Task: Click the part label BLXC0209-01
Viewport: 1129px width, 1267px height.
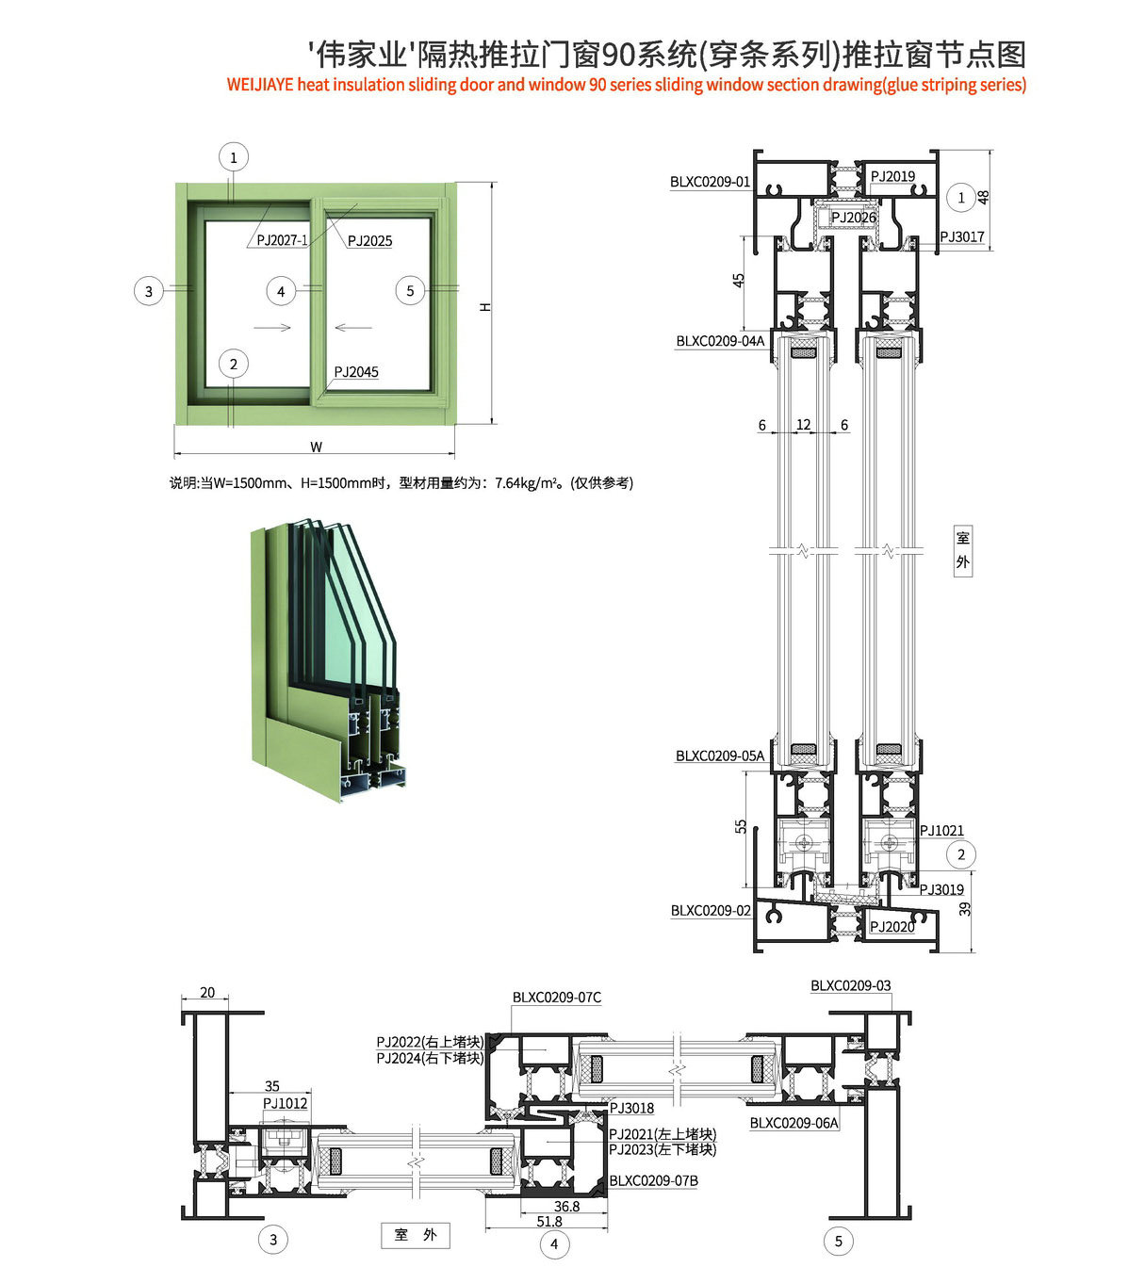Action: pos(710,182)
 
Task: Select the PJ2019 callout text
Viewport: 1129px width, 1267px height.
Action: pos(892,176)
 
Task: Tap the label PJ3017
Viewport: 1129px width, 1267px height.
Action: pos(961,236)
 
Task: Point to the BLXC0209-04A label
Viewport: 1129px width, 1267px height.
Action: pos(720,341)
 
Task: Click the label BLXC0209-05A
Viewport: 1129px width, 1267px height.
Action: pos(720,755)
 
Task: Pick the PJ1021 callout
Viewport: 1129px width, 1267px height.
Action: pos(941,830)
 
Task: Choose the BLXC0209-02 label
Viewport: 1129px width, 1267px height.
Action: pos(711,911)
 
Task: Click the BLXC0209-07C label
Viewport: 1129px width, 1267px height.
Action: pos(556,998)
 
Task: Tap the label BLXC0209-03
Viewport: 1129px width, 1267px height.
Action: pos(850,985)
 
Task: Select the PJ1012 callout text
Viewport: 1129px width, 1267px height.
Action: pos(285,1103)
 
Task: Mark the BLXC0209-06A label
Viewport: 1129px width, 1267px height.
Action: pos(794,1122)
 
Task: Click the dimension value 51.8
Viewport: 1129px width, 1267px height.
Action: pos(549,1221)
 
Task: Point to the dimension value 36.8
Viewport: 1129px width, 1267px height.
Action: pos(566,1206)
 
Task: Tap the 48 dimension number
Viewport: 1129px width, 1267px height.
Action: pos(984,197)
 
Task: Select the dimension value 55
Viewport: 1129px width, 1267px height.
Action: pos(741,825)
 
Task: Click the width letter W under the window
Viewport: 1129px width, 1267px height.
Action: pos(316,447)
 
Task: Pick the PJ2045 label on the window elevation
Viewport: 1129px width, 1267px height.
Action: pos(356,372)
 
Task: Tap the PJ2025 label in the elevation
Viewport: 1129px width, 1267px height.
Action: pos(369,241)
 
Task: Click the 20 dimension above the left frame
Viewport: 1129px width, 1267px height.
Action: pos(207,992)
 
